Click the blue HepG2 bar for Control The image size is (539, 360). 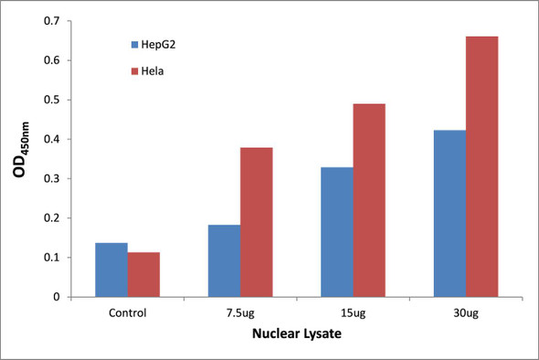[x=111, y=270]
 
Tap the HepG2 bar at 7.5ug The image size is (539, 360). [x=224, y=260]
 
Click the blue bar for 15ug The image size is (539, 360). [x=337, y=232]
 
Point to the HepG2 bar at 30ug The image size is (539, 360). [x=449, y=213]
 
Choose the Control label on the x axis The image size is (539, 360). [x=127, y=312]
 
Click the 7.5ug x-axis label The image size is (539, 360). [x=240, y=312]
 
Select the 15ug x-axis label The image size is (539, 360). [x=353, y=312]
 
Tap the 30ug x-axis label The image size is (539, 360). [x=465, y=312]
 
